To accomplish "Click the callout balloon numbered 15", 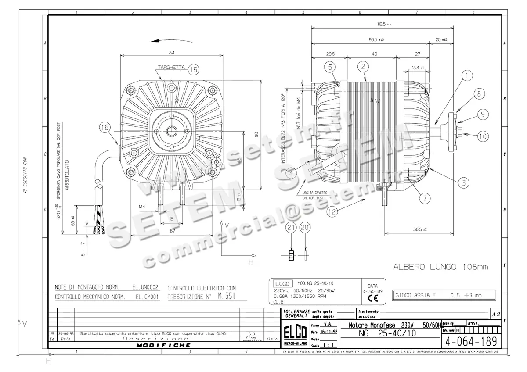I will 194,69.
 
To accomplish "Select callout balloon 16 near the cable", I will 104,128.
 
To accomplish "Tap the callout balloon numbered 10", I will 483,136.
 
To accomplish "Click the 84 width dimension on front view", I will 171,53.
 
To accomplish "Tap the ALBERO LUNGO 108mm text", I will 440,267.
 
